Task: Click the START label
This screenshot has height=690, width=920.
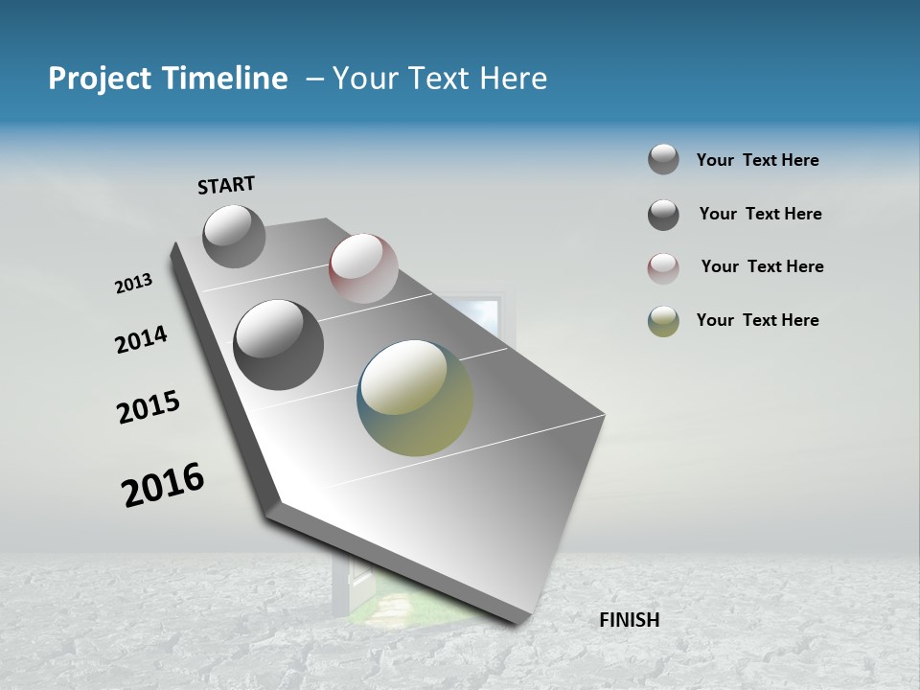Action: tap(226, 185)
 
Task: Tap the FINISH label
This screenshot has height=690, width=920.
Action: tap(629, 620)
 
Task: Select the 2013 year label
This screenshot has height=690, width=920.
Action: tap(133, 284)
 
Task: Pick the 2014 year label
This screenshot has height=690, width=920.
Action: tap(141, 340)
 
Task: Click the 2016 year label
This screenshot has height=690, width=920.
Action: tap(163, 485)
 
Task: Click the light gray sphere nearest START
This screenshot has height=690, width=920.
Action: tap(234, 236)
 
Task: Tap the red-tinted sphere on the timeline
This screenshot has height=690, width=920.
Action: tap(363, 267)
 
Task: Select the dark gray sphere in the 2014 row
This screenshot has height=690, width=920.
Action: tap(278, 345)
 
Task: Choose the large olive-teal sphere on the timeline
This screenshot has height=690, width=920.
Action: tap(415, 398)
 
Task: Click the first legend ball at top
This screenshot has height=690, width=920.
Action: tap(663, 159)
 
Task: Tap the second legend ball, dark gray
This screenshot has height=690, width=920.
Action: tap(663, 215)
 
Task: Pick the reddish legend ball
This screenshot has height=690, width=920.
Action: tap(663, 268)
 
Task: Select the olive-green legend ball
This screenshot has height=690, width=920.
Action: tap(663, 321)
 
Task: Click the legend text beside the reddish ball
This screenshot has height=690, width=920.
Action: tap(762, 266)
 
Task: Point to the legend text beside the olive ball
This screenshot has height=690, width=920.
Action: tap(757, 320)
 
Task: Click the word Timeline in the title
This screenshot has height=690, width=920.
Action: tap(220, 79)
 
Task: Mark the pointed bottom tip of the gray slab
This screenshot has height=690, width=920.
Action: tap(517, 621)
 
